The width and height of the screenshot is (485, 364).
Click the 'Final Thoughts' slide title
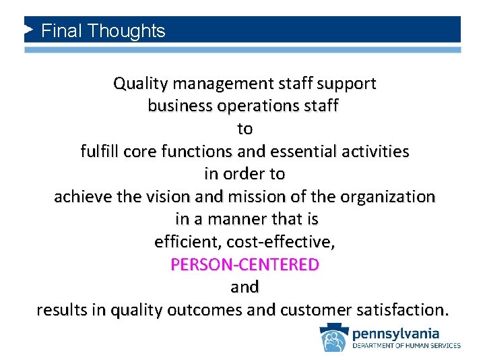103,31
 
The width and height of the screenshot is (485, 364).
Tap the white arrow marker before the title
29,30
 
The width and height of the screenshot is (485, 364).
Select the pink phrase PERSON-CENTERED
245,265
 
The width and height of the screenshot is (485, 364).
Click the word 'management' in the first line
215,84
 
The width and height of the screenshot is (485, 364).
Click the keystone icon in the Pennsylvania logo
333,338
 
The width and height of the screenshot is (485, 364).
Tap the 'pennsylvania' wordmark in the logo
395,333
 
